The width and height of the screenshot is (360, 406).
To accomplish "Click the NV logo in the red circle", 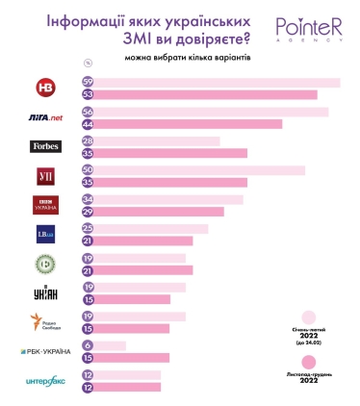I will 45,88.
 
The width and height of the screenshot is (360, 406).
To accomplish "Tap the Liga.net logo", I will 45,117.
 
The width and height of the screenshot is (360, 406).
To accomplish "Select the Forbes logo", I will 45,147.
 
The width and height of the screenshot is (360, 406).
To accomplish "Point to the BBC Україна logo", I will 45,205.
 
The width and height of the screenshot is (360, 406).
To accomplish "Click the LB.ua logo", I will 45,235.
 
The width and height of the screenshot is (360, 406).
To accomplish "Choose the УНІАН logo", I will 45,293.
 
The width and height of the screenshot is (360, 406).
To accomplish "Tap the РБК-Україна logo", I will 45,351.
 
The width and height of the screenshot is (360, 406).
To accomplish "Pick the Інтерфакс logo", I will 45,382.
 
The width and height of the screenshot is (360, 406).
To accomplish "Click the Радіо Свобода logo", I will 45,322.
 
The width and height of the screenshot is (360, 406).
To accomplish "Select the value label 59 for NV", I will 88,82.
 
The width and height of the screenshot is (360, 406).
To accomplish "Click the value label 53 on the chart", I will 88,94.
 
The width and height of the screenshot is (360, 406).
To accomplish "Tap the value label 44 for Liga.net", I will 88,124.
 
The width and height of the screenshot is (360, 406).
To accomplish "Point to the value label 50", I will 88,170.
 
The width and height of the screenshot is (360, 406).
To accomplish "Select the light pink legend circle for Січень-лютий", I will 310,317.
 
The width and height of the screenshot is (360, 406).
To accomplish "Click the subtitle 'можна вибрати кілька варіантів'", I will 180,57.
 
